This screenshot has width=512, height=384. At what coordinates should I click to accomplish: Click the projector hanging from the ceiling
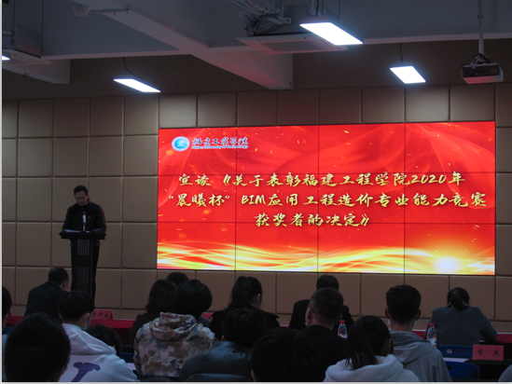(x=481, y=71)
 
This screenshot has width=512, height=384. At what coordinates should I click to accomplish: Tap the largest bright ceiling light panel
(x=331, y=33)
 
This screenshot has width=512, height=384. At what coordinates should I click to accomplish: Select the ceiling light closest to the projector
(x=408, y=74)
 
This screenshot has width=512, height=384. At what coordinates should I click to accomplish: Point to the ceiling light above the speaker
(x=137, y=85)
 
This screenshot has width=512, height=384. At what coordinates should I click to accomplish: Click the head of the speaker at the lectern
(x=82, y=194)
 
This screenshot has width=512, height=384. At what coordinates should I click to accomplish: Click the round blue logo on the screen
(x=180, y=144)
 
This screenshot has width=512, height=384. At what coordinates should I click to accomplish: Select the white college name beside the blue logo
(x=221, y=144)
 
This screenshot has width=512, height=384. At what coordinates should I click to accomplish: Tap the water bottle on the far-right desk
(x=431, y=335)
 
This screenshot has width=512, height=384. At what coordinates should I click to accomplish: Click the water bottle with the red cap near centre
(x=342, y=328)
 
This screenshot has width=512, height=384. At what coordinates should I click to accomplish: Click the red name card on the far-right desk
(x=487, y=352)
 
